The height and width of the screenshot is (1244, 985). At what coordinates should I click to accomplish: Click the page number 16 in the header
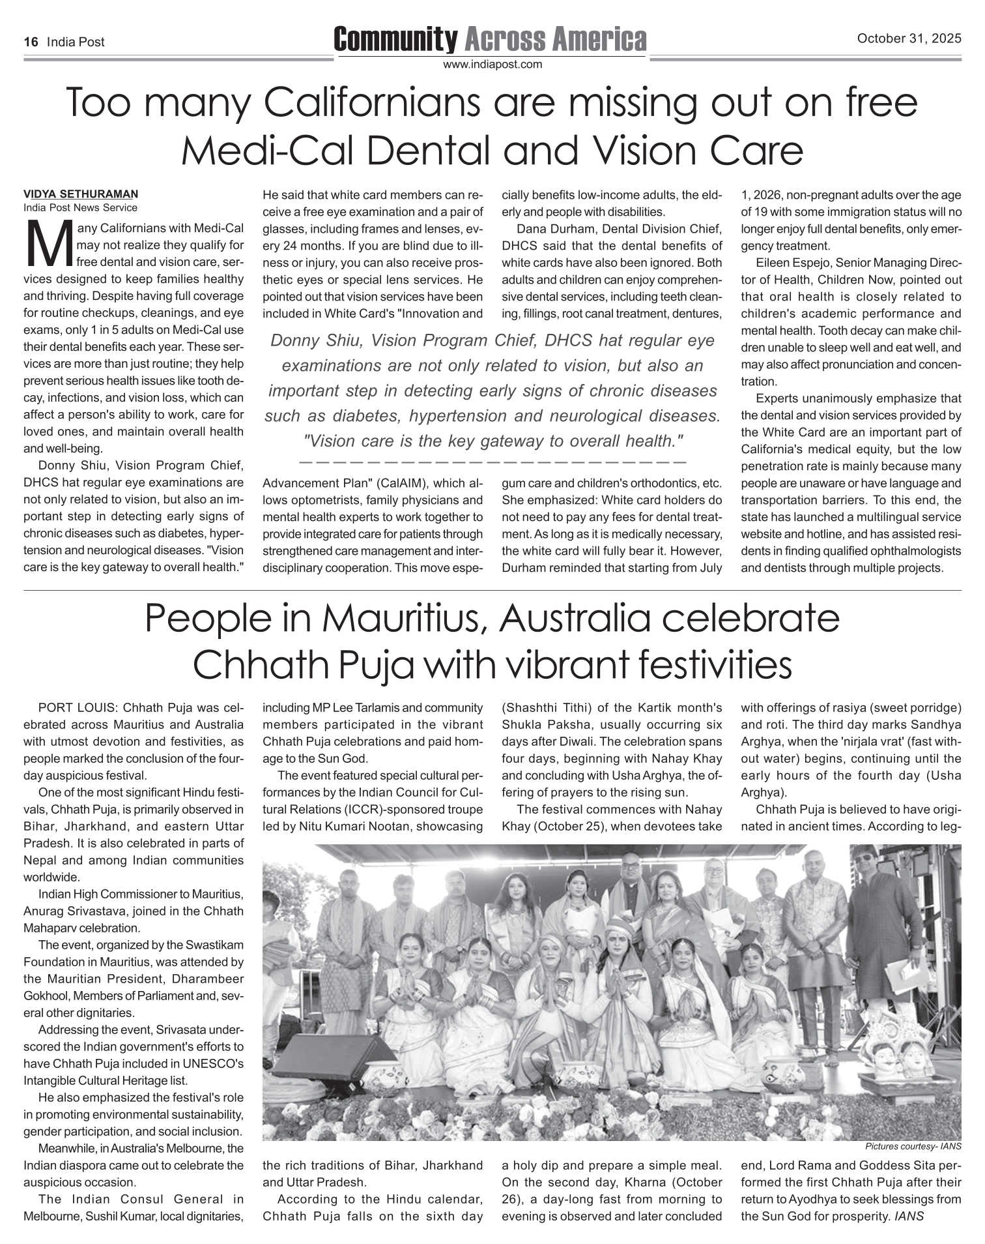tap(30, 42)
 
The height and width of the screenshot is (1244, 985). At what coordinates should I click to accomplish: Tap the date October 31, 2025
tap(909, 39)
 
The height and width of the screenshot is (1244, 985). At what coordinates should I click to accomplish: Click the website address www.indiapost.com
tap(493, 65)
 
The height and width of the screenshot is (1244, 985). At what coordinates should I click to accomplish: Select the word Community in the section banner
tap(395, 40)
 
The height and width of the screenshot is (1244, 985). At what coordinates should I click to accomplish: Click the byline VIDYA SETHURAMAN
tap(81, 194)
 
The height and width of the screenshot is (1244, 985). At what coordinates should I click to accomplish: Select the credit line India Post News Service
tap(81, 208)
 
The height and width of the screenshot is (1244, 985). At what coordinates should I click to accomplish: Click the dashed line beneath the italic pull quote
tap(493, 462)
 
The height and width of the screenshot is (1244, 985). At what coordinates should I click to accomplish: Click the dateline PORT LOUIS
tap(79, 707)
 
